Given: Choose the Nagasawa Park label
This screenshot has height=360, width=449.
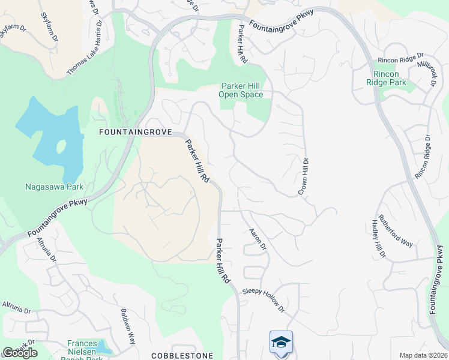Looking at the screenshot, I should pyautogui.click(x=53, y=187).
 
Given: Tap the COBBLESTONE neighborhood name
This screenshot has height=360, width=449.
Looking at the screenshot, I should pyautogui.click(x=182, y=356).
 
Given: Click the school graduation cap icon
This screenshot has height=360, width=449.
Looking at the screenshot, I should pyautogui.click(x=281, y=341).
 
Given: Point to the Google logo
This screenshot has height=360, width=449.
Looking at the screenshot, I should pyautogui.click(x=20, y=352).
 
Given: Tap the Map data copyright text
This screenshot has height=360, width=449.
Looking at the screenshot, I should pyautogui.click(x=424, y=355).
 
